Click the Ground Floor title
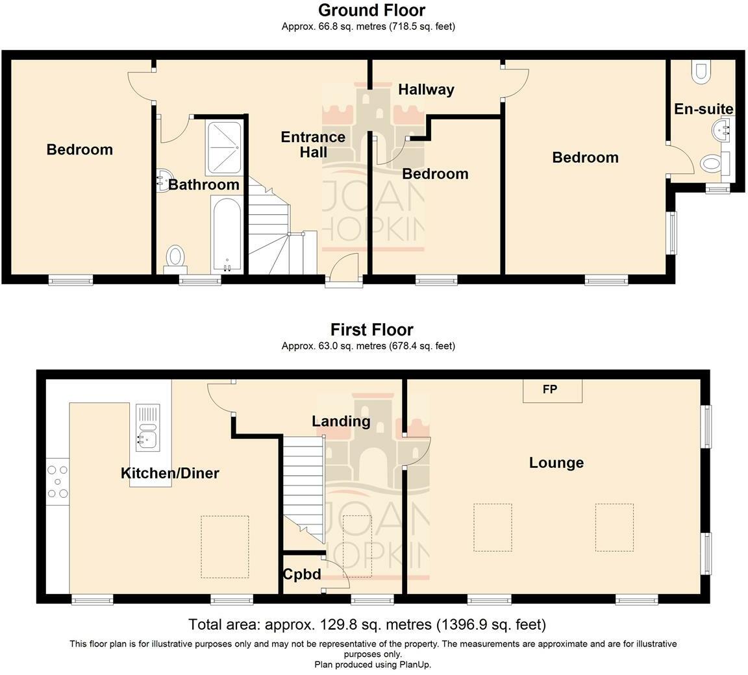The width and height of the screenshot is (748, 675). point(371,10)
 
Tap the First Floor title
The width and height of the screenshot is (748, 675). point(371,330)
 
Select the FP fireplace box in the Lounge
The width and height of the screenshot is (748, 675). point(553,391)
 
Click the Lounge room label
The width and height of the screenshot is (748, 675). point(556,463)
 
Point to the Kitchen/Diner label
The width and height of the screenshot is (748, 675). point(170,473)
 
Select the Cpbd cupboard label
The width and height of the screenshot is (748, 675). point(302,574)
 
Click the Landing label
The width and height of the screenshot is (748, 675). point(341,421)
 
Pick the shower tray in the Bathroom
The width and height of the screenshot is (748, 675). point(224,147)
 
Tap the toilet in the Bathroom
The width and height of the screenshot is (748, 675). point(175,257)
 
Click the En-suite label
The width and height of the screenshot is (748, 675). point(703,109)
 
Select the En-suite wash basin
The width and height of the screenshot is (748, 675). point(721,129)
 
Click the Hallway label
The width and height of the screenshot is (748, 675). point(426,90)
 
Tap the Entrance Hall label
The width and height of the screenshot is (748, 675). point(313,145)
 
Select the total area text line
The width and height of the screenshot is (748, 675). point(367,624)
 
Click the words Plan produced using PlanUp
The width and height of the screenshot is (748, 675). point(373,665)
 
